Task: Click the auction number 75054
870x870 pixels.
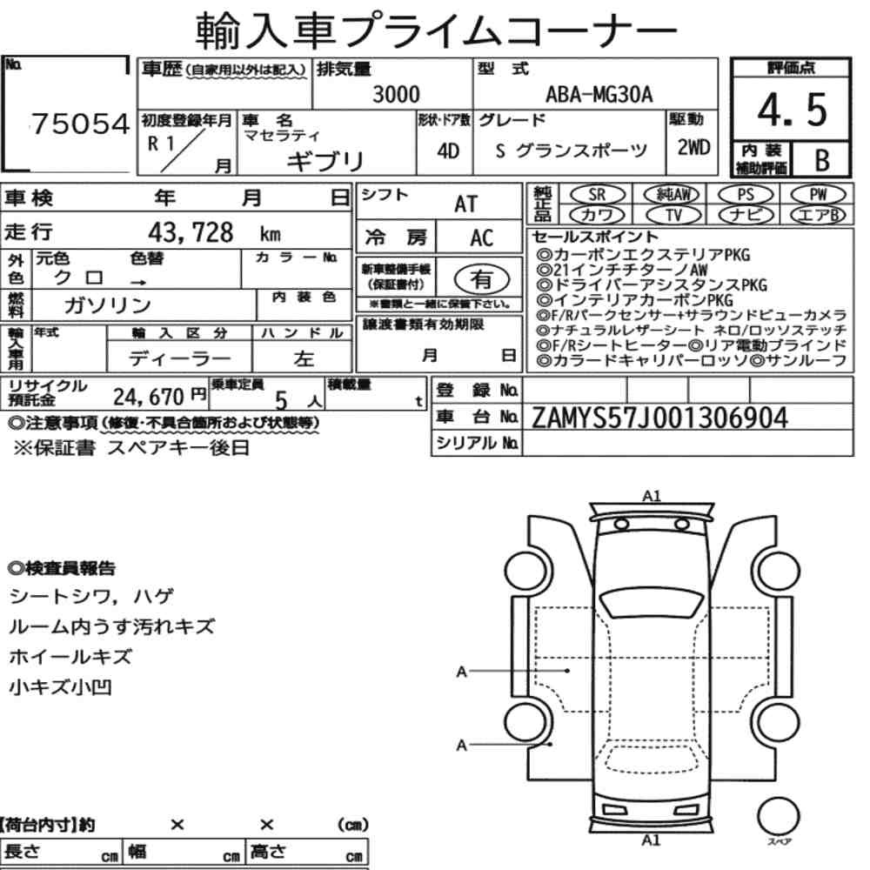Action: pos(80,124)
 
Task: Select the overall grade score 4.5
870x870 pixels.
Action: pos(792,110)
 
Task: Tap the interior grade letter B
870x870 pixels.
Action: pos(822,160)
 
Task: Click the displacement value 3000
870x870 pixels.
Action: pos(396,94)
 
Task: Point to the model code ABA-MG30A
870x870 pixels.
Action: pos(599,94)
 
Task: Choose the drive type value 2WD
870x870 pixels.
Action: pos(693,148)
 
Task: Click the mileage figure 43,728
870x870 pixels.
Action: pos(191,232)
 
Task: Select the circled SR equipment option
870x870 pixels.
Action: pos(597,195)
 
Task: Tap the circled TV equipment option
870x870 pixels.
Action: pos(673,215)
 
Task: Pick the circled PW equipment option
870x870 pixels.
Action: pos(819,194)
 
